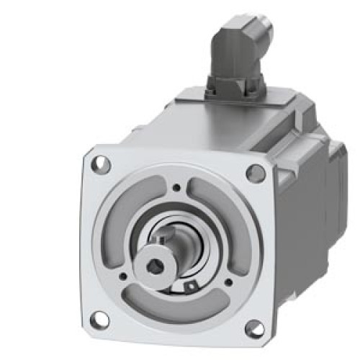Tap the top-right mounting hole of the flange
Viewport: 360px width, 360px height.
[x=255, y=173]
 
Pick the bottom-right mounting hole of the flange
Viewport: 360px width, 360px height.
[x=253, y=328]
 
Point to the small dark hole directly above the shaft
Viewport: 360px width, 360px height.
[x=176, y=189]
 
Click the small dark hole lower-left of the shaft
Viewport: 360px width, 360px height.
[x=124, y=274]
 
